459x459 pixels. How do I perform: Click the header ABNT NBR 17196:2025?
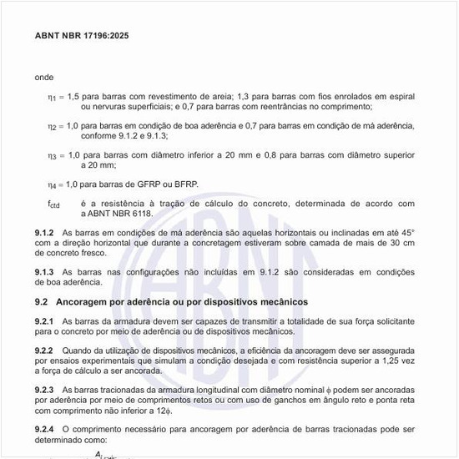pos(82,36)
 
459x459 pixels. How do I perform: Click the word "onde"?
pos(44,77)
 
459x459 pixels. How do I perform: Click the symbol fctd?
pos(53,204)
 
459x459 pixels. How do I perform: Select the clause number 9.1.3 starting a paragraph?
pos(44,272)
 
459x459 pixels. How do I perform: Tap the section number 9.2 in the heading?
pos(41,301)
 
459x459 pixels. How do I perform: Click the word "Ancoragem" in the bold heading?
pos(87,301)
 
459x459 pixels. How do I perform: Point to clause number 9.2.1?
pos(44,321)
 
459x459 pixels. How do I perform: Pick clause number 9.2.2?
pos(44,351)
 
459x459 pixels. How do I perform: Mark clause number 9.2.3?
pos(44,390)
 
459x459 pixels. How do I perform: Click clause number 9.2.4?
pos(44,429)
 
